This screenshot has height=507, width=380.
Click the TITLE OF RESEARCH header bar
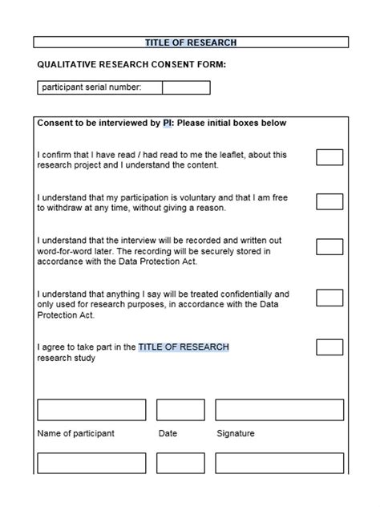(x=190, y=43)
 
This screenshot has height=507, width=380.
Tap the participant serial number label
(x=91, y=87)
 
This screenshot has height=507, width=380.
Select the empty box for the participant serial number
(x=186, y=87)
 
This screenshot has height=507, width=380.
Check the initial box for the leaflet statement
(x=329, y=157)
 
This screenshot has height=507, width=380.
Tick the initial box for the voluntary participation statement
(x=329, y=201)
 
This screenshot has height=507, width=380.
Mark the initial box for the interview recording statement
(x=329, y=246)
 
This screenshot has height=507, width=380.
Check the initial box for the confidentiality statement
(x=329, y=298)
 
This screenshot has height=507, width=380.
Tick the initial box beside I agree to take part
(x=329, y=347)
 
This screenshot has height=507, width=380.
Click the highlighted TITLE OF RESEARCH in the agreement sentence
(x=184, y=347)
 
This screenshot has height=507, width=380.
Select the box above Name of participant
(x=91, y=410)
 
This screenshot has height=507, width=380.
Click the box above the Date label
(x=180, y=410)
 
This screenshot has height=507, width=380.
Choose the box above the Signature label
(x=280, y=410)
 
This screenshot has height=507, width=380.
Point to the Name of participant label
(x=76, y=434)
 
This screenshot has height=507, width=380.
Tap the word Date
(x=168, y=434)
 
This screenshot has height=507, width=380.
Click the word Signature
(x=236, y=434)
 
